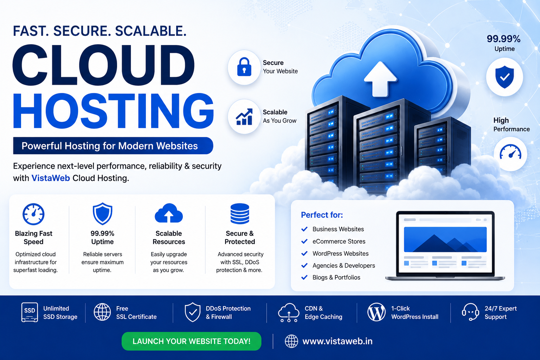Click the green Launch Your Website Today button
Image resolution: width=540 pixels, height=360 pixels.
191,341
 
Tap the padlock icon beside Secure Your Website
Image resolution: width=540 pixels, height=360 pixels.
244,67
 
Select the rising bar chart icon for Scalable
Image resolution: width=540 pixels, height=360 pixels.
244,117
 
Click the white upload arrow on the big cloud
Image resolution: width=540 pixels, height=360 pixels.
380,79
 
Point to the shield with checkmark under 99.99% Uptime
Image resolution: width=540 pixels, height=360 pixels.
504,77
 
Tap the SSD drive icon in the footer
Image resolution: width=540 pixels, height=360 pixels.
30,312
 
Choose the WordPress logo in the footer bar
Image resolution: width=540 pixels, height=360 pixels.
376,312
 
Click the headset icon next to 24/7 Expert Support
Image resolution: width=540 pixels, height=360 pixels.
470,312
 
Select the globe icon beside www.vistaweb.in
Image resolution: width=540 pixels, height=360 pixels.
291,341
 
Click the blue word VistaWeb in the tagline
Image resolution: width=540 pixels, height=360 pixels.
51,178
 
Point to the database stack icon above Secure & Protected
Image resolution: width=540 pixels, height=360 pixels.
240,214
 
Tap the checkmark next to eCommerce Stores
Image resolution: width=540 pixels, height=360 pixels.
304,241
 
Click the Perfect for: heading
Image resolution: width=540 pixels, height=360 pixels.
322,214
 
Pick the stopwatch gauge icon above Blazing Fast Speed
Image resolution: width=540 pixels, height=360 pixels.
33,214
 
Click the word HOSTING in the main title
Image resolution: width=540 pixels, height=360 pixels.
113,111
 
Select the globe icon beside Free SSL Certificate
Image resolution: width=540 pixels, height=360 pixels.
102,312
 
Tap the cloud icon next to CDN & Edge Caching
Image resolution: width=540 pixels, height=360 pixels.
289,313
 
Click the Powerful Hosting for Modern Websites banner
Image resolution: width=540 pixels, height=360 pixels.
113,146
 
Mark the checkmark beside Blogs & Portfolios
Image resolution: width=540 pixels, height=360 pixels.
304,277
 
